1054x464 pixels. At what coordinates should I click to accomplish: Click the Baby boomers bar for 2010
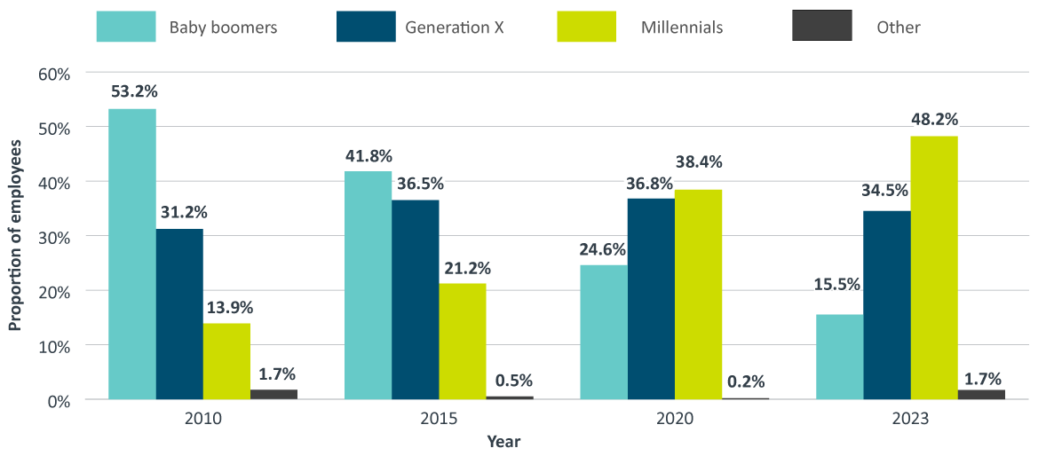132,254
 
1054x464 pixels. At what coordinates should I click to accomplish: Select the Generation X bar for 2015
415,300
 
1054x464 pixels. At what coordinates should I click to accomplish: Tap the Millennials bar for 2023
934,267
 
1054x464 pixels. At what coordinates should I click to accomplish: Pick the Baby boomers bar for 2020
604,332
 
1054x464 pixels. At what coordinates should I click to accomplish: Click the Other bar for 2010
273,394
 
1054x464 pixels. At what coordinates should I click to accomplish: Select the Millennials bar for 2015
462,342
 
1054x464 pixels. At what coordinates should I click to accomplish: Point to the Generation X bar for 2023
887,304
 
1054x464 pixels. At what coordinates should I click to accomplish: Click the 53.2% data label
133,91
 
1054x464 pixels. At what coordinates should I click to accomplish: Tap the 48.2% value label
934,119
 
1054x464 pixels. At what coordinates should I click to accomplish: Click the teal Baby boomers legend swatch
126,27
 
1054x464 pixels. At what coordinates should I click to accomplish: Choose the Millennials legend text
682,28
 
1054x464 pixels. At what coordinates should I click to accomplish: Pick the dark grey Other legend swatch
821,27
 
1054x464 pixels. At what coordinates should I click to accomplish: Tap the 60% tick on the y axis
54,73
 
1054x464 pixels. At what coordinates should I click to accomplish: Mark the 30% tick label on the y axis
54,236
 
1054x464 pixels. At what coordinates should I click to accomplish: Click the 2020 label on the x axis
674,418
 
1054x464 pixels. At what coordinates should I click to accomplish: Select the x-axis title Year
503,441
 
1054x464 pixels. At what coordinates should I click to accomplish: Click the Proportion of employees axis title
15,237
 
